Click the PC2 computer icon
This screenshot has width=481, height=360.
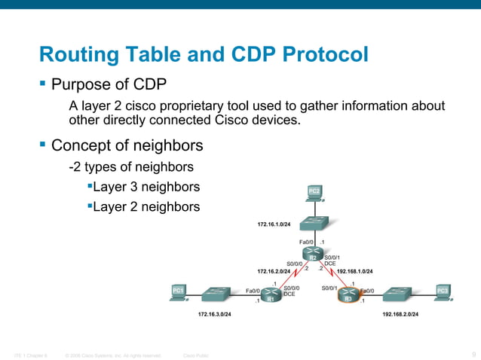(x=314, y=193)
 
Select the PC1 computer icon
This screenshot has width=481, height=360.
(x=179, y=291)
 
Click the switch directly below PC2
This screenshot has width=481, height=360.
(x=313, y=223)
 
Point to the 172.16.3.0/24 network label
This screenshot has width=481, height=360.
(x=214, y=313)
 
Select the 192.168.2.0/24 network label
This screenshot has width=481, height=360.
(x=401, y=313)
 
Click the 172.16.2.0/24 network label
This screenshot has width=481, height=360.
(x=273, y=270)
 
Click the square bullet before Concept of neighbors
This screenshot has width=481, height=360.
(x=43, y=143)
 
